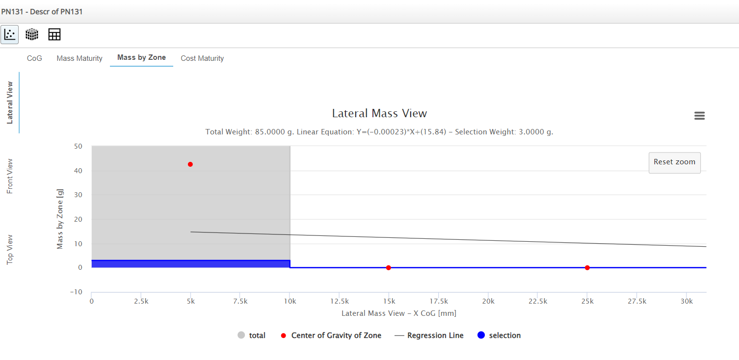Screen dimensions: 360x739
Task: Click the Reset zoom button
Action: pos(674,162)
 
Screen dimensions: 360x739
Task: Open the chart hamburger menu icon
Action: pos(699,116)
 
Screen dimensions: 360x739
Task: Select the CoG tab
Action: pos(34,58)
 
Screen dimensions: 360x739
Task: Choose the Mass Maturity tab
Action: pos(79,58)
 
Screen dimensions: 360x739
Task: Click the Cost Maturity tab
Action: pos(202,58)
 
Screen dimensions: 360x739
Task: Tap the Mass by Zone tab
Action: pos(141,58)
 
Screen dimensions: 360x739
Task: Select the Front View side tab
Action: pos(10,176)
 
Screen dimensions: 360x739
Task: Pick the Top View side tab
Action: pos(10,250)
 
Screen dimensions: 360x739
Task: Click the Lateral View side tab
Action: pos(10,103)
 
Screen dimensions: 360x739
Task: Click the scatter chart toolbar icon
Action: pos(9,34)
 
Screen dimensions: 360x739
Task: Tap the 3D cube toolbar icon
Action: pos(32,34)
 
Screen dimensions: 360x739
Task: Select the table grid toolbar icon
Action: pos(54,34)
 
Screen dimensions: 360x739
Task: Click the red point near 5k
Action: pos(190,164)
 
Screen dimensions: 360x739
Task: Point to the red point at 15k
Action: pos(388,268)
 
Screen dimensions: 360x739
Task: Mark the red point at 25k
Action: pos(587,268)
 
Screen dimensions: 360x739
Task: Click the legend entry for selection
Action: pos(499,335)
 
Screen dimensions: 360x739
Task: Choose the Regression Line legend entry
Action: pos(429,335)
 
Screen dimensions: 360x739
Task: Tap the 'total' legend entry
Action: pos(252,335)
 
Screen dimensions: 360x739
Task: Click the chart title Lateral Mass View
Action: pos(379,113)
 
